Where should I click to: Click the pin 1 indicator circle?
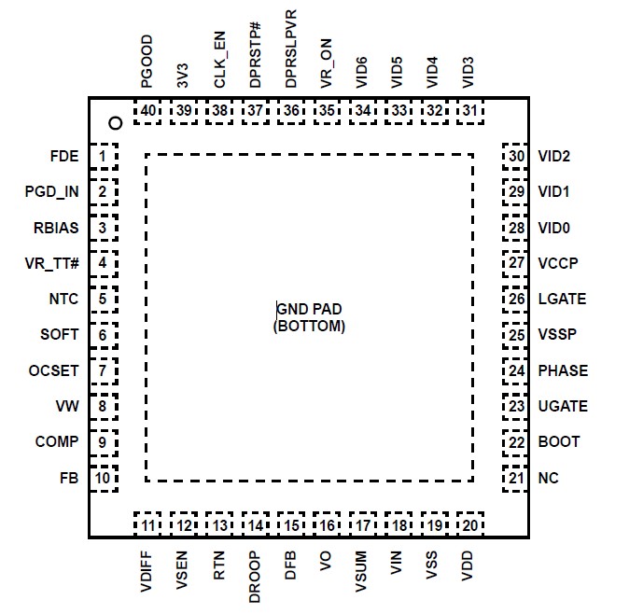coord(115,122)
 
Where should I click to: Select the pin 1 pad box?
coord(104,156)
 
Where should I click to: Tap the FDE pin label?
coord(65,156)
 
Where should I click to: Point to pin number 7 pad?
coord(104,370)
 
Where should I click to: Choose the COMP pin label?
coord(57,442)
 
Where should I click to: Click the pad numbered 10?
coord(104,479)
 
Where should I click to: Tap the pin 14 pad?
coord(255,524)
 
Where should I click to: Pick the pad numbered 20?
coord(469,524)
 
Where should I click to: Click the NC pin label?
coord(549,479)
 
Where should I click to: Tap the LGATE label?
coord(562,300)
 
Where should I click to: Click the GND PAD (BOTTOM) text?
coord(310,317)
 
